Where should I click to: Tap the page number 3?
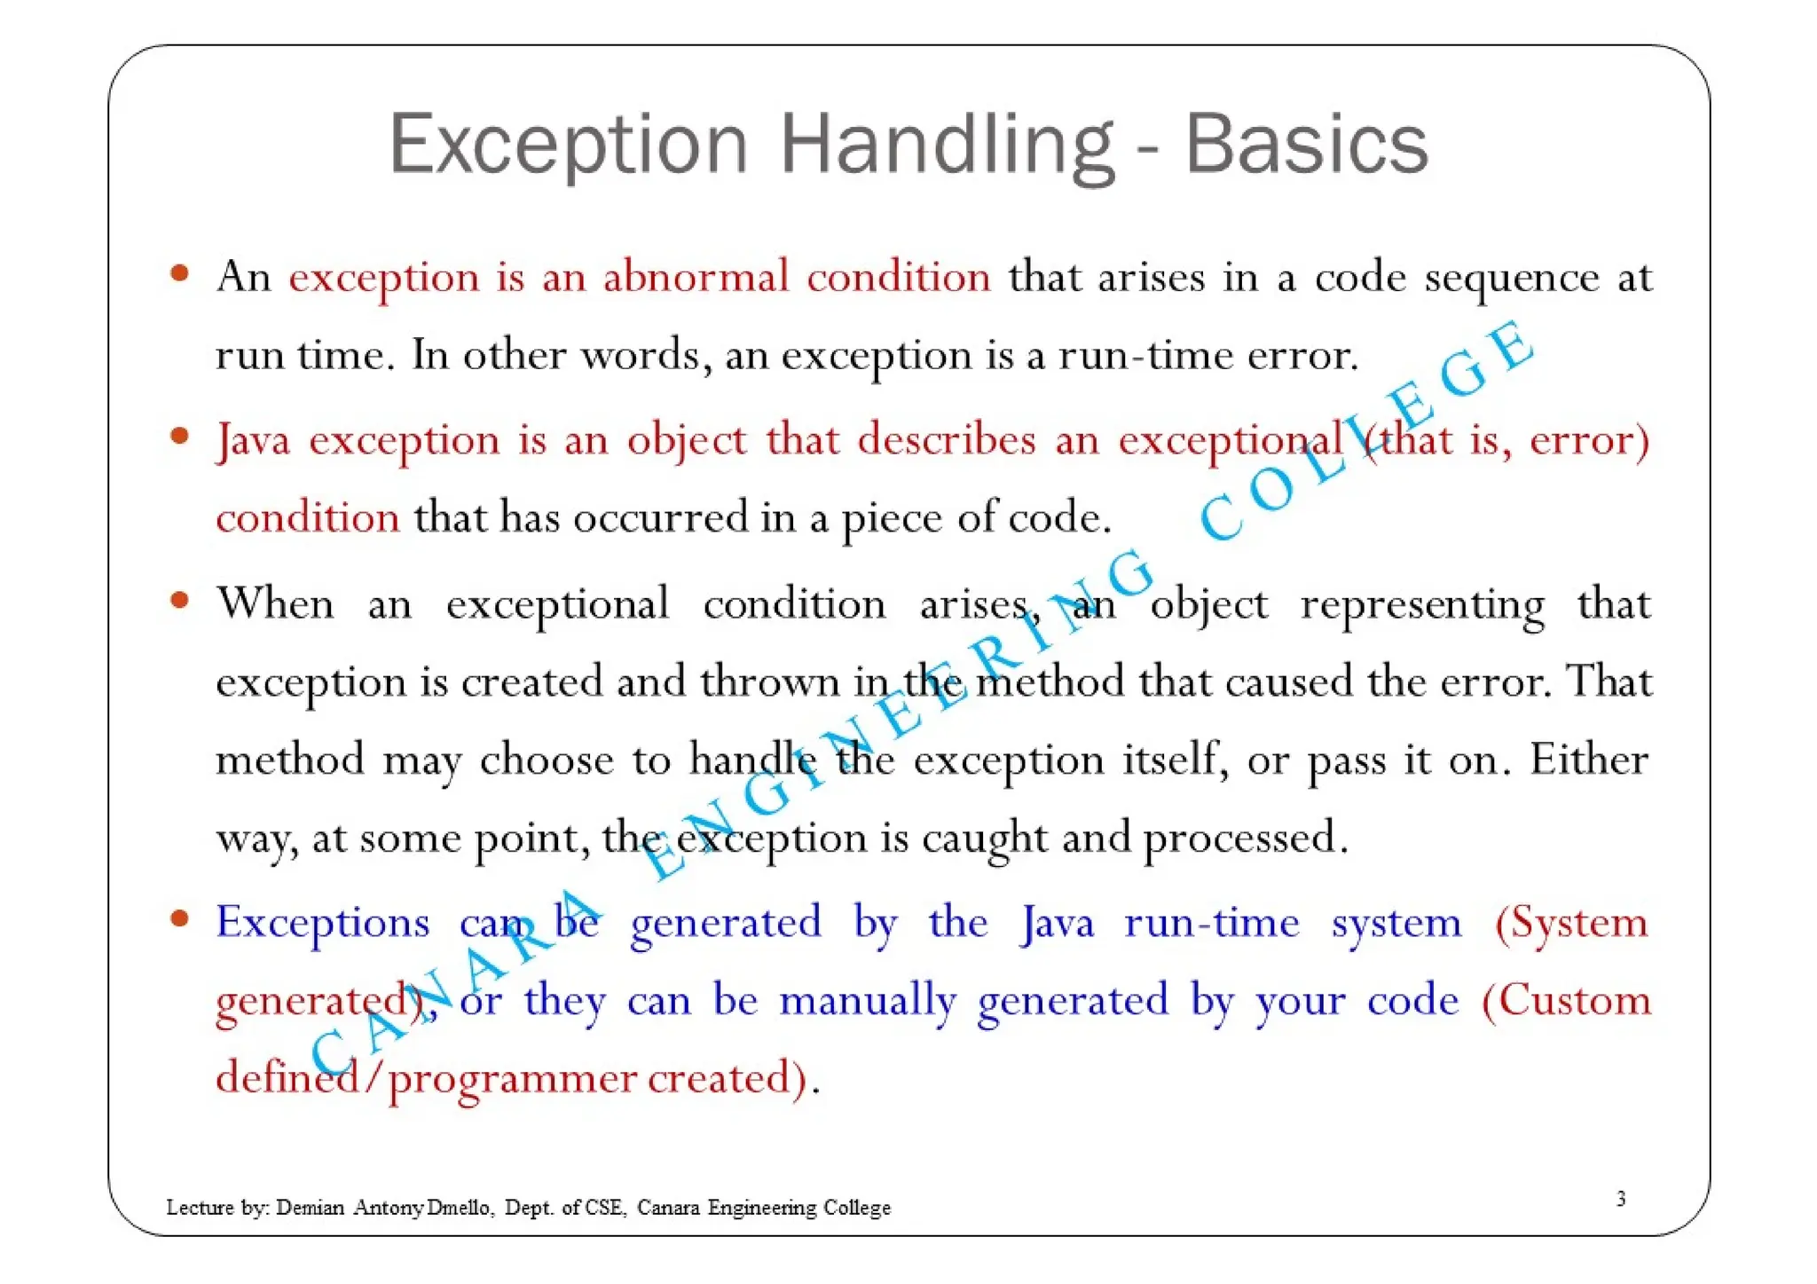[x=1620, y=1199]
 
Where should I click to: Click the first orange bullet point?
[x=180, y=273]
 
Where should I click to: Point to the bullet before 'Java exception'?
[x=180, y=436]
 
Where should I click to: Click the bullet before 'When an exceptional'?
[x=180, y=601]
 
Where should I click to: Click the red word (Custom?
[x=1566, y=1001]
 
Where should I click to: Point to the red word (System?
[x=1570, y=923]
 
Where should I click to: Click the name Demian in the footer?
[x=310, y=1208]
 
